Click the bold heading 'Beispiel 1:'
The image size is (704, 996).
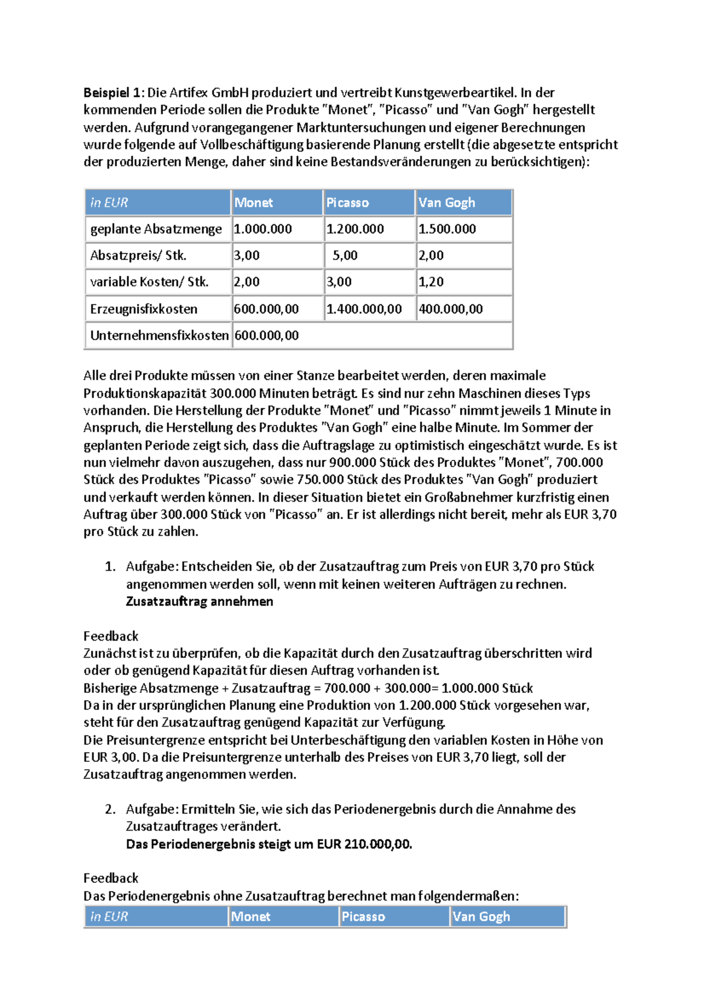point(112,93)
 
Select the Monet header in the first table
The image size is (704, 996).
point(253,203)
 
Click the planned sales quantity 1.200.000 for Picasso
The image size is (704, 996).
point(355,229)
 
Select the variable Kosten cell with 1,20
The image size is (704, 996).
point(431,282)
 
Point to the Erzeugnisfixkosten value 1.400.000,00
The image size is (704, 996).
point(364,309)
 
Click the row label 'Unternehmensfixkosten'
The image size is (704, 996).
point(159,336)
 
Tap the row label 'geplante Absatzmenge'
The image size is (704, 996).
point(156,229)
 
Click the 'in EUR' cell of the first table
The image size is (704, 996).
point(109,203)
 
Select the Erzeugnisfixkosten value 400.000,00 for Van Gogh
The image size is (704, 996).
point(451,309)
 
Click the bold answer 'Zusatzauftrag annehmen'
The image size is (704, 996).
point(199,602)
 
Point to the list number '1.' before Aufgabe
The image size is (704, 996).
point(110,567)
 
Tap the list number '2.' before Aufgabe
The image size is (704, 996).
point(110,809)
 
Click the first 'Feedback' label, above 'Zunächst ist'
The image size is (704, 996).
point(111,636)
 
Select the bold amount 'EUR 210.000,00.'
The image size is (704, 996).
point(364,845)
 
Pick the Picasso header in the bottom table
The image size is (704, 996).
point(363,917)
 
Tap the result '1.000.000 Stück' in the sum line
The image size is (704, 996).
point(487,688)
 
